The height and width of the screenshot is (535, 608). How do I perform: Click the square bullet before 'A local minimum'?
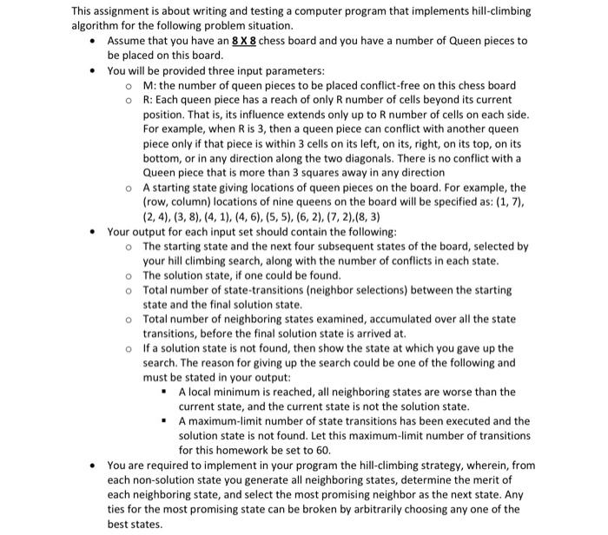click(x=166, y=392)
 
